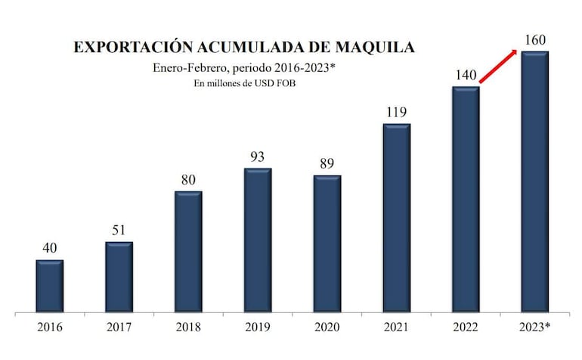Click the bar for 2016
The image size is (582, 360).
[x=49, y=286]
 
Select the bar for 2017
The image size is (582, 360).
[x=119, y=277]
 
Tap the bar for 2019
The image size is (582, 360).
[x=257, y=240]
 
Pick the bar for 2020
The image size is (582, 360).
[x=327, y=244]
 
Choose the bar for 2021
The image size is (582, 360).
[x=396, y=218]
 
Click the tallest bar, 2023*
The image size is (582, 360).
[x=535, y=182]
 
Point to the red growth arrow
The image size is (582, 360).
[x=499, y=67]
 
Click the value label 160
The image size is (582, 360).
[x=535, y=39]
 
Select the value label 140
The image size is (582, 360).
[x=466, y=75]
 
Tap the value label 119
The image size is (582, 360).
[x=396, y=112]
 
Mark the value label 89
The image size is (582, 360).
[x=327, y=163]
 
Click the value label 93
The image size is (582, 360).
[x=257, y=157]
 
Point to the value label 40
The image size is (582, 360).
[x=49, y=248]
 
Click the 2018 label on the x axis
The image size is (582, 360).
[x=188, y=328]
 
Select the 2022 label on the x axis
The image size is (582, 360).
[x=466, y=328]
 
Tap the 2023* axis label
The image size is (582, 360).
[x=536, y=328]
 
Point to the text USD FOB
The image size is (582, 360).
[x=276, y=84]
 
